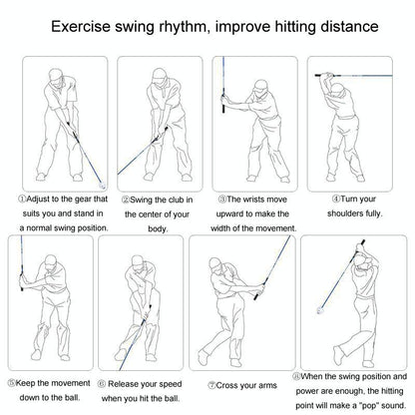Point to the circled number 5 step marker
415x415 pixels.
(10, 381)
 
